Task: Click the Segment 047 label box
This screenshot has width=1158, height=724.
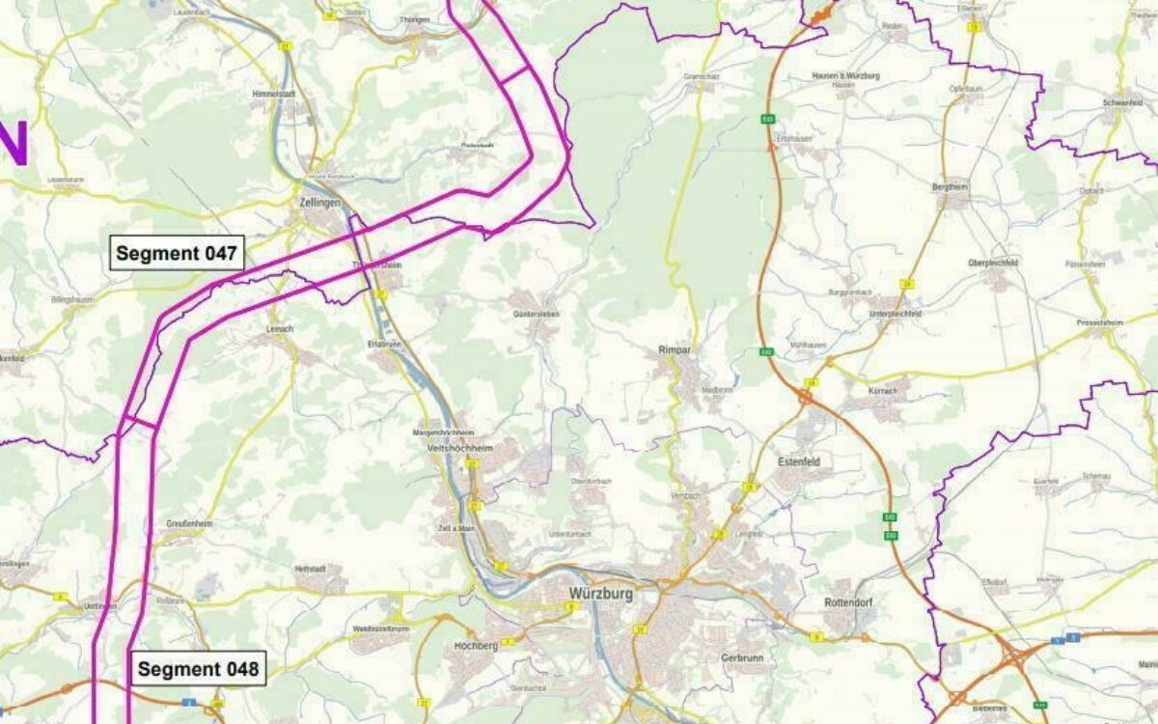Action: pos(178,254)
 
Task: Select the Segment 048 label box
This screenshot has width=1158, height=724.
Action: pos(198,669)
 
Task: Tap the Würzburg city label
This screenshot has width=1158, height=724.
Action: pos(600,594)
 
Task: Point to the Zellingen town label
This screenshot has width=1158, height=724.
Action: pos(319,205)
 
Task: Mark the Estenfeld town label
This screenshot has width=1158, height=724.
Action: pos(799,462)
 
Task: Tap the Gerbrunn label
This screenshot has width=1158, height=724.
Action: pos(742,657)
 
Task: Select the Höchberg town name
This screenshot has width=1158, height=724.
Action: pos(476,646)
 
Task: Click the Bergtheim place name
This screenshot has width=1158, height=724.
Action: pos(951,186)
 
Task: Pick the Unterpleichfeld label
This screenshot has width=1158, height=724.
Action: pos(895,314)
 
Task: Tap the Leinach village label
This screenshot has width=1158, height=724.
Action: pos(278,329)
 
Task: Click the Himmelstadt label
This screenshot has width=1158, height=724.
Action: pos(271,95)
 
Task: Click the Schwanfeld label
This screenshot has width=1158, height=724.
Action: pos(1122,103)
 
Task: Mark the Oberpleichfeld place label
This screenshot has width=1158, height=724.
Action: pos(994,263)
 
